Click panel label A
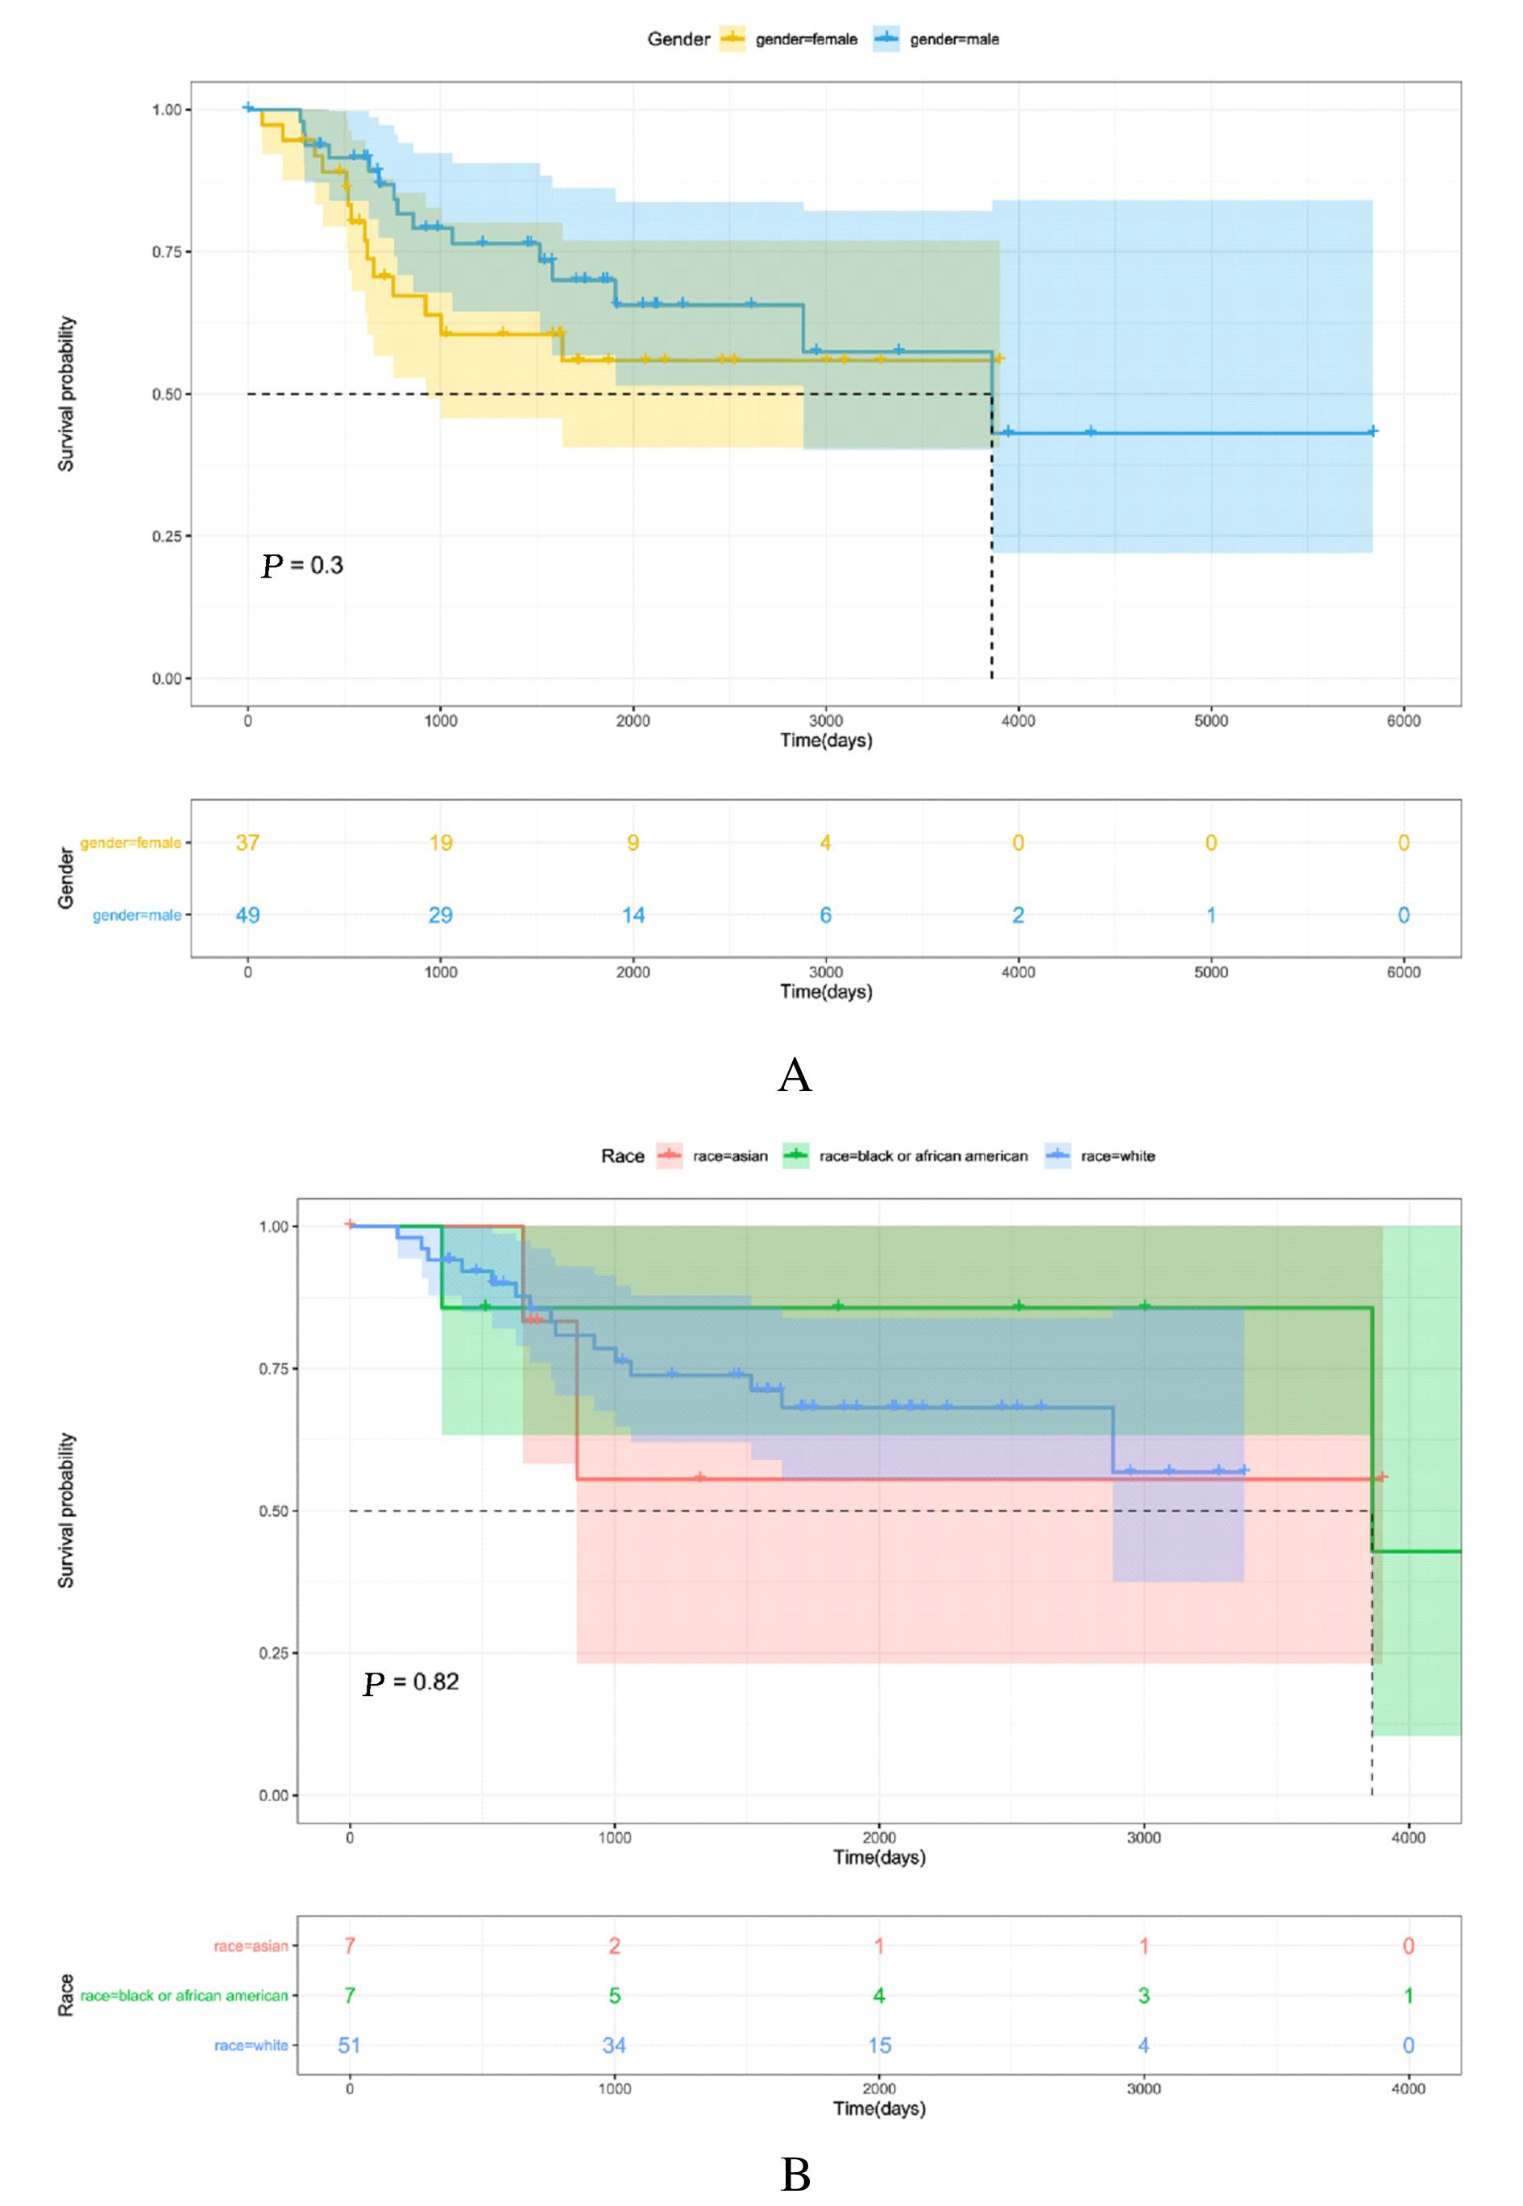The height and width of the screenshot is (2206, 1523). pos(795,1076)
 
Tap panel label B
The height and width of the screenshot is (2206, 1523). pos(795,2175)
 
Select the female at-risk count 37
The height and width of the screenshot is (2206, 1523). pos(248,843)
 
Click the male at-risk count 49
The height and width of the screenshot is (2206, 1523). pos(248,915)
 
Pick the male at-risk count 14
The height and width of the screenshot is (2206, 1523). pos(633,915)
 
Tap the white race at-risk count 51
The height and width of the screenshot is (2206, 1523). pos(351,2045)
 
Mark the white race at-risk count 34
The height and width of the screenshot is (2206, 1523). pos(615,2045)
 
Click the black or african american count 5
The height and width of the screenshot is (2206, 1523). pos(615,1995)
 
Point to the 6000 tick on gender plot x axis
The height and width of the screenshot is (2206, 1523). pos(1403,720)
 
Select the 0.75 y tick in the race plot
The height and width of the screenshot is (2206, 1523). pos(273,1369)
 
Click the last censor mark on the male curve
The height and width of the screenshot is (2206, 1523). pos(1372,431)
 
